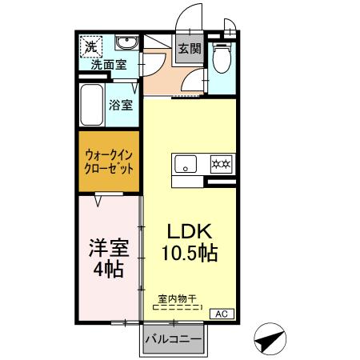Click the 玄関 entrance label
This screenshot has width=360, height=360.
point(189,48)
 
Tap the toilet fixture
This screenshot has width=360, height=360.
point(222,58)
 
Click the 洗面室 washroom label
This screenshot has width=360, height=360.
point(107,66)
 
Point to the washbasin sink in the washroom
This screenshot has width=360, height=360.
point(126,44)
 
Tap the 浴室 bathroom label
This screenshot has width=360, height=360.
point(122,104)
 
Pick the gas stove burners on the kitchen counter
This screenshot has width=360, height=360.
point(220,165)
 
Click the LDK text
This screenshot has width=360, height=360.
point(189,232)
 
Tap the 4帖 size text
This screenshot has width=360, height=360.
point(108,269)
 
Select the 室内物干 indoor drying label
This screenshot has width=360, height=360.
point(177,298)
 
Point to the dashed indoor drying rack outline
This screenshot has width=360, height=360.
point(177,307)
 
